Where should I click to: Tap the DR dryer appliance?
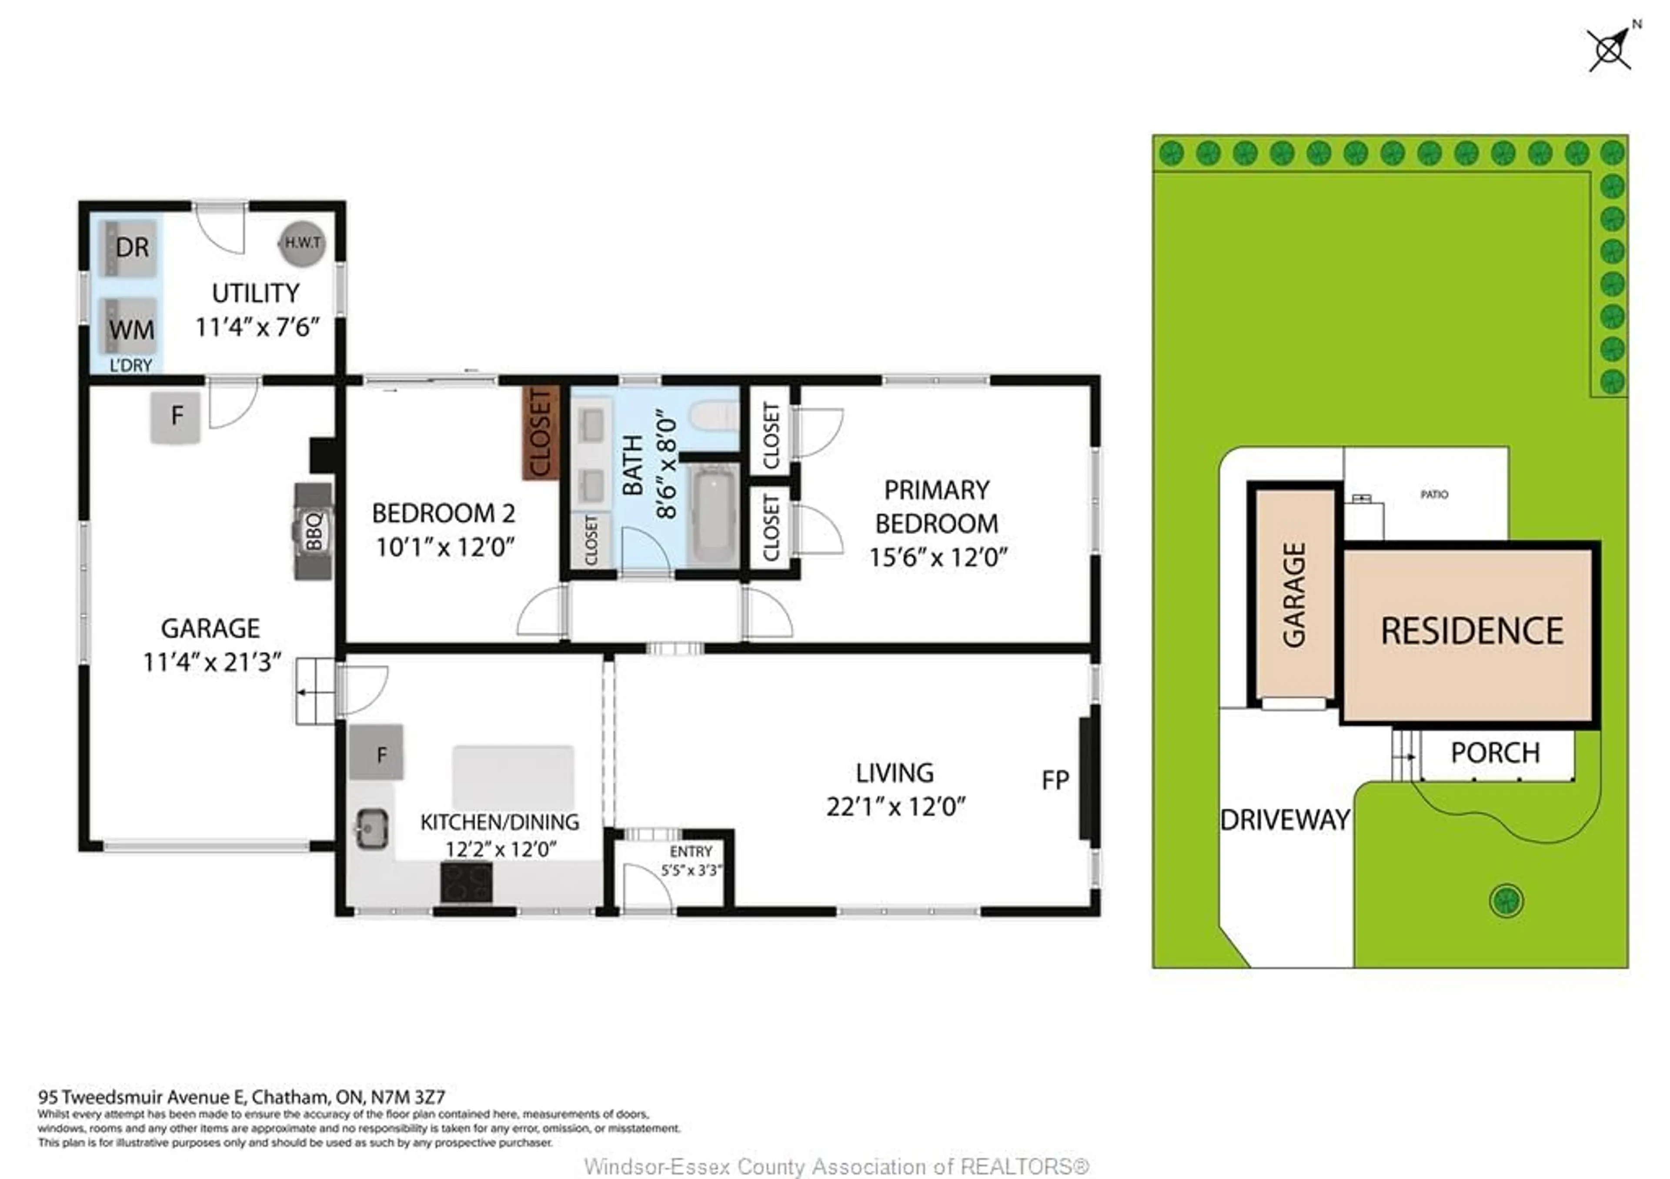130,248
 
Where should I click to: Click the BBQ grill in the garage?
314,531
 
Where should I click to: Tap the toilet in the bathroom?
714,417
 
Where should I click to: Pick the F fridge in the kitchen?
377,753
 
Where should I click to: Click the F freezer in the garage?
175,416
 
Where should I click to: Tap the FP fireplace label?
1055,781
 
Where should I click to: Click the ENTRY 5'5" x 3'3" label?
690,860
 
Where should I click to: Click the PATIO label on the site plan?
1433,494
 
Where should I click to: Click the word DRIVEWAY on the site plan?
1285,820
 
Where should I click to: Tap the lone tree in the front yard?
1506,901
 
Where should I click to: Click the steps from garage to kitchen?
315,691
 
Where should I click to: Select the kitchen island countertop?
513,777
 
